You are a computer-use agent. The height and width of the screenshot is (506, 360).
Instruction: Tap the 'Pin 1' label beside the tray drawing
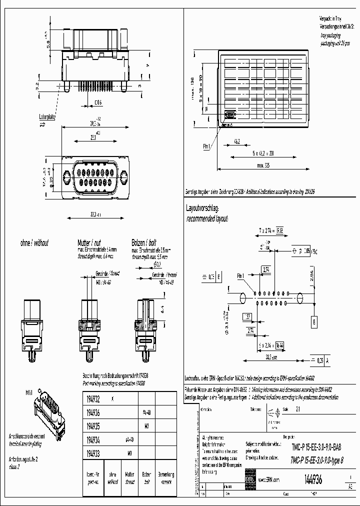click(207, 147)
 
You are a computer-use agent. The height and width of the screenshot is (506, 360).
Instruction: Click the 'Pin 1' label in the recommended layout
click(240, 276)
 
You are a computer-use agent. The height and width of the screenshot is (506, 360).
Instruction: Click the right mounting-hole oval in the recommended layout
click(300, 298)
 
